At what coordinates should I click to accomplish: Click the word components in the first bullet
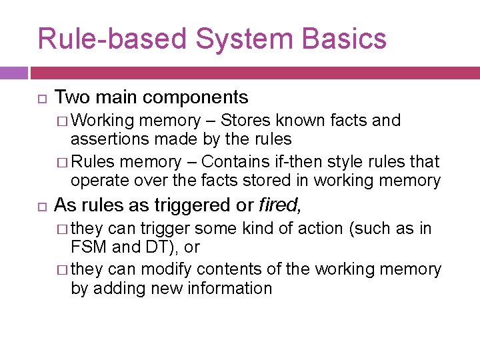click(195, 97)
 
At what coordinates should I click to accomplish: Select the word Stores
click(245, 121)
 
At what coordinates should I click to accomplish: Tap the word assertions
click(105, 139)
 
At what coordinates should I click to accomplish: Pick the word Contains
click(232, 162)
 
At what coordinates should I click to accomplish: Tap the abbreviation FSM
click(87, 247)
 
